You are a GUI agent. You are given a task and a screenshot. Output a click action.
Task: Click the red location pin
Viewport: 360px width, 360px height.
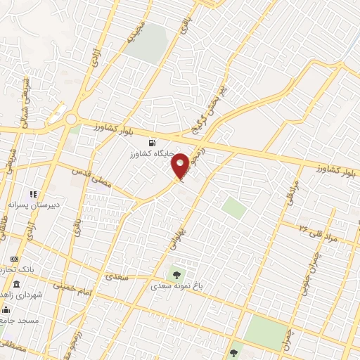point(181,166)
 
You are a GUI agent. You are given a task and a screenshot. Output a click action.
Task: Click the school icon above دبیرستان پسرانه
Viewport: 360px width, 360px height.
point(32,193)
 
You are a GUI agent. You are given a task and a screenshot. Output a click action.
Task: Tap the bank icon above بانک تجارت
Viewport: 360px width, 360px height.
point(14,259)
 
